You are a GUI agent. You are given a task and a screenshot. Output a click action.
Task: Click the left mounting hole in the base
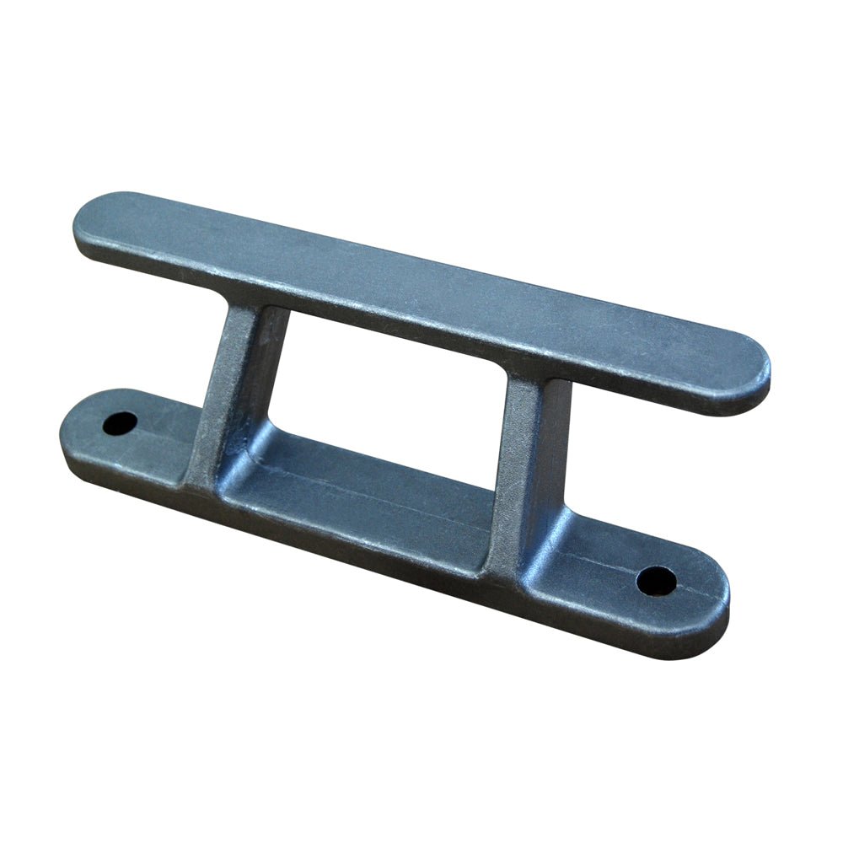pos(120,423)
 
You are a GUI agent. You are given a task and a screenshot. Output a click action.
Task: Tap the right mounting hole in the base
pos(656,579)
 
